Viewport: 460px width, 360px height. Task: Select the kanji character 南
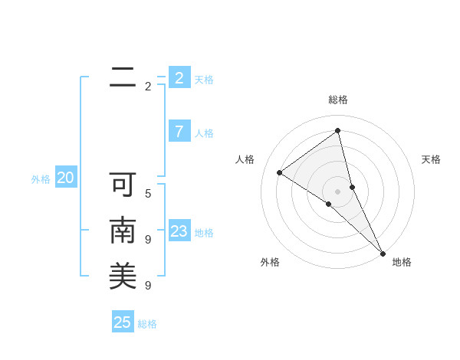point(123,231)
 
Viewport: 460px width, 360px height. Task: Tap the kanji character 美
point(123,276)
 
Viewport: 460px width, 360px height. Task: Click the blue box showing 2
point(179,77)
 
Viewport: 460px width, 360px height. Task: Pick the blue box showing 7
point(179,131)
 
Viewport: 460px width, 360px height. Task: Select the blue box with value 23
point(179,231)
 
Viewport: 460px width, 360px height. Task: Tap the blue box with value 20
point(66,178)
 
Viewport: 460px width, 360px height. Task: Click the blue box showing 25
point(123,322)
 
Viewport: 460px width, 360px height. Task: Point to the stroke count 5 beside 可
point(148,194)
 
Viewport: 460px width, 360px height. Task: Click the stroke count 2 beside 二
point(148,87)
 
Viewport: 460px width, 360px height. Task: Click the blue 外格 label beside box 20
point(41,179)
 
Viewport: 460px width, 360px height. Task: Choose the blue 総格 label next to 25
point(147,324)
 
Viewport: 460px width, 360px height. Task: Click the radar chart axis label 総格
point(338,100)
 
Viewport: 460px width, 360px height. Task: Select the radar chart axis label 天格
point(431,159)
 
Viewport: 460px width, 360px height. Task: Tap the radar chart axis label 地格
point(402,262)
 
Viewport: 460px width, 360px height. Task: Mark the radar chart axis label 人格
point(245,159)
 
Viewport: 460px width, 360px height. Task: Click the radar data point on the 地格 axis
point(383,252)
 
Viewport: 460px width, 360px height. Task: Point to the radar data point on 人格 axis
point(280,172)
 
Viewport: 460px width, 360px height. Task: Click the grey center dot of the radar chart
point(337,190)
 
